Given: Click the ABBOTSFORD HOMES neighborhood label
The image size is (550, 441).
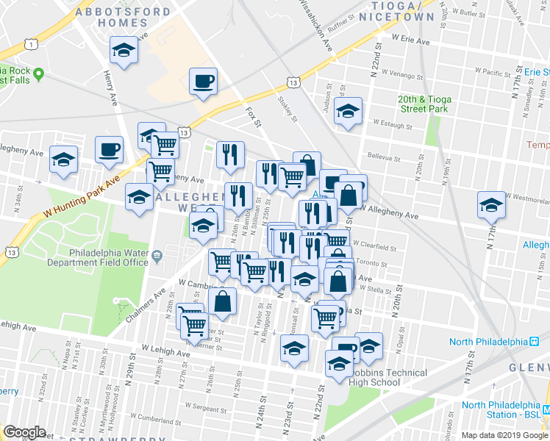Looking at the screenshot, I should click(123, 17).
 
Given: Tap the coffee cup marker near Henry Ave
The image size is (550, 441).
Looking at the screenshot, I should click(109, 150).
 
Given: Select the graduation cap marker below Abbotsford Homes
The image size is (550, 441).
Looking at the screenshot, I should click(124, 51).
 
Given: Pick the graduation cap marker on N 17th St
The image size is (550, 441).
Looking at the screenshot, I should click(490, 205).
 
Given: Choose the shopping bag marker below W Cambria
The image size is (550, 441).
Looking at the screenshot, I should click(221, 301).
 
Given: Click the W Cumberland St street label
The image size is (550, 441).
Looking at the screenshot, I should click(207, 421).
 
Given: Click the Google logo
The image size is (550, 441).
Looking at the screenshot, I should click(24, 432).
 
